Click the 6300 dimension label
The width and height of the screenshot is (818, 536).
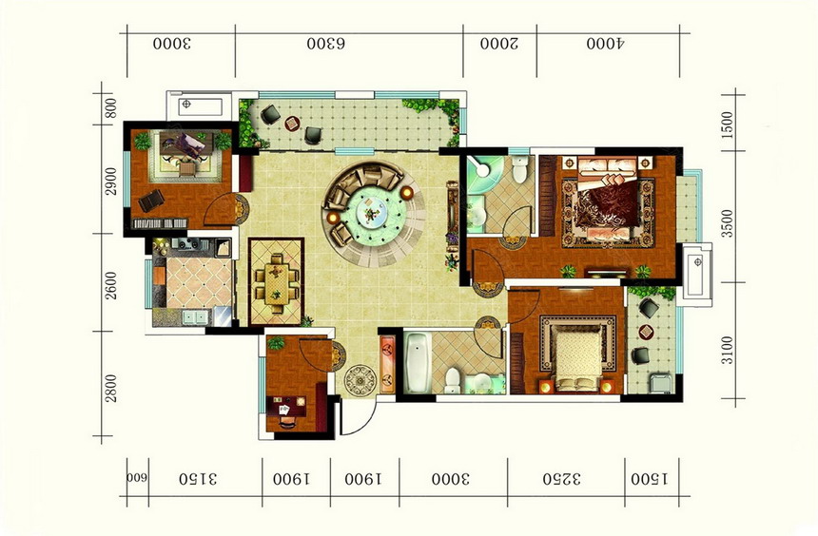coord(325,44)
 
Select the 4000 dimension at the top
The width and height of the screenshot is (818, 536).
coord(605,44)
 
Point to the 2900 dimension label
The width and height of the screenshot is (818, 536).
coord(111,181)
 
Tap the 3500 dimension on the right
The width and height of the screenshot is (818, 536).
coord(728,223)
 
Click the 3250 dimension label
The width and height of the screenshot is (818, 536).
coord(562,479)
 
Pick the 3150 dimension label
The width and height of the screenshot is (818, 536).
coord(198,479)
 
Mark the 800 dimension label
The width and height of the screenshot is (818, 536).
coord(110,108)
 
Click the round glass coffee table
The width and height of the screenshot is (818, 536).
coord(373,213)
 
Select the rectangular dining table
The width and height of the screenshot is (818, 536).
coord(277,283)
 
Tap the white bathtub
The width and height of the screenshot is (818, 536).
coord(418,363)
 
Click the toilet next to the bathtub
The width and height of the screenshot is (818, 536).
coord(453,381)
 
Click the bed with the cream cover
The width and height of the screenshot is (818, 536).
coord(577,356)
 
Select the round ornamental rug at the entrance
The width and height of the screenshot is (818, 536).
coord(360,381)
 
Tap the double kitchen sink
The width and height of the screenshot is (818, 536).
coord(194,317)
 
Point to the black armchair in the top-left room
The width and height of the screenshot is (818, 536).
coord(151,201)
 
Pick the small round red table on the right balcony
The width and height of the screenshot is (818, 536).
coord(646,332)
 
